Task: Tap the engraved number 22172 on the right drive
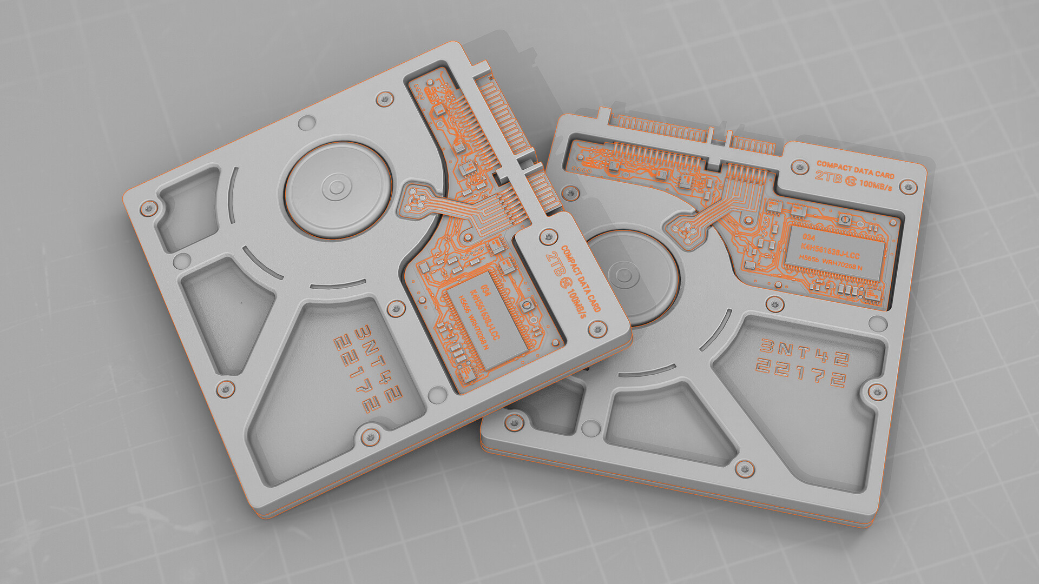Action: pyautogui.click(x=800, y=374)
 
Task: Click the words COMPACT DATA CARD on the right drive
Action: pyautogui.click(x=855, y=169)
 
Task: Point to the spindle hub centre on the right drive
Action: pyautogui.click(x=622, y=275)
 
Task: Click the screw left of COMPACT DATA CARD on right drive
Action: pyautogui.click(x=799, y=166)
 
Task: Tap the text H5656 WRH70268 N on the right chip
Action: pyautogui.click(x=831, y=263)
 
